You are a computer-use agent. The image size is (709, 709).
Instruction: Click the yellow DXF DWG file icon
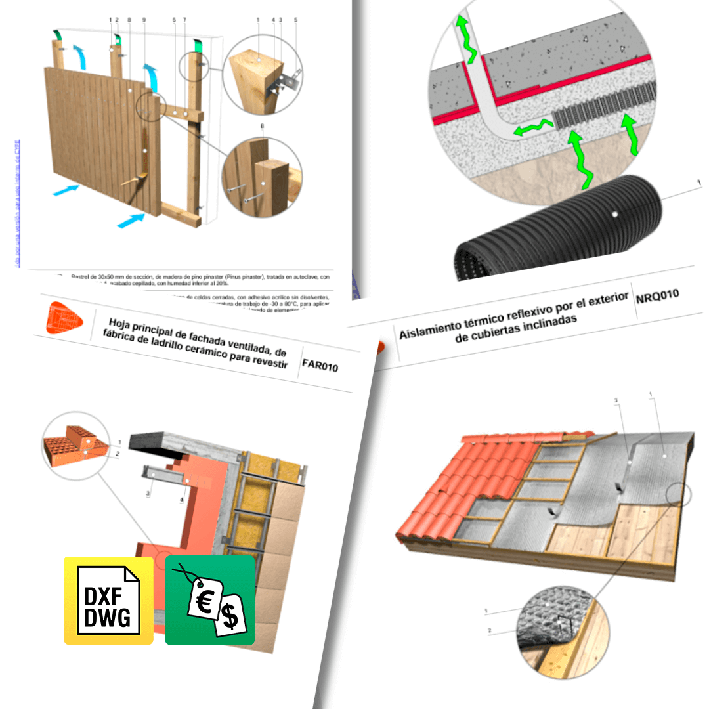[x=108, y=600]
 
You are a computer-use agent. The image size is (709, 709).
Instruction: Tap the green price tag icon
[x=209, y=600]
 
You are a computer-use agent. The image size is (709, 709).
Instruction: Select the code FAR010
[x=320, y=366]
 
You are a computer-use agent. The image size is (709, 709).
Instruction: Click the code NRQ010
[x=657, y=299]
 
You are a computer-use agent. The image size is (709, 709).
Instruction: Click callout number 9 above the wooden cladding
[x=144, y=20]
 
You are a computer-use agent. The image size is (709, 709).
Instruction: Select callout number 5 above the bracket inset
[x=295, y=20]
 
